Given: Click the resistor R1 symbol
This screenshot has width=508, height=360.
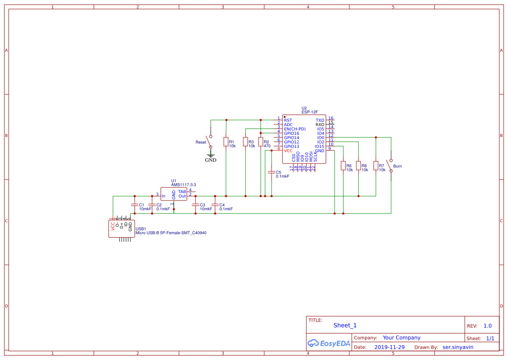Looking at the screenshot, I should pos(226,142).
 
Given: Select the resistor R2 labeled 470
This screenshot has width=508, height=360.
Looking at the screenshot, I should pos(261,142).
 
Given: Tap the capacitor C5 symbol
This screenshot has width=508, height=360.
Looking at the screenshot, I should pos(272,173).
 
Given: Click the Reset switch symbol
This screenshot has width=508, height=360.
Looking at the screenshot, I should pos(210,141).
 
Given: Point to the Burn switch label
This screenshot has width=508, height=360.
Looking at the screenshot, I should pos(397,167).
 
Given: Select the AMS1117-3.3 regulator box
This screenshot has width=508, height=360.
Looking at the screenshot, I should pos(174,194).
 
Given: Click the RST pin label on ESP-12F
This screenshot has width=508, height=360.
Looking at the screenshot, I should pos(288,120).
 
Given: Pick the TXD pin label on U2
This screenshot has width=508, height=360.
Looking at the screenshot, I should pos(320,120).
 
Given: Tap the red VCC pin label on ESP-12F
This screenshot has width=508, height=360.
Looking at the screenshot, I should pos(288,151).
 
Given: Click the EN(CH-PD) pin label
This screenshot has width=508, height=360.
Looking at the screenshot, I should pos(295,129).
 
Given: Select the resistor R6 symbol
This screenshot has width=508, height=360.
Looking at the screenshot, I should pos(343,166).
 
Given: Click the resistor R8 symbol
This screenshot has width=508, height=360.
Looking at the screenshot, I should pos(359,166).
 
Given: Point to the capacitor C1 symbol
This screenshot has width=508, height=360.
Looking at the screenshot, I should pos(135,205).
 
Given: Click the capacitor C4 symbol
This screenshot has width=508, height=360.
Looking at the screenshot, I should pos(215,205).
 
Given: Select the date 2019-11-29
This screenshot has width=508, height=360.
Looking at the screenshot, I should pos(389,347).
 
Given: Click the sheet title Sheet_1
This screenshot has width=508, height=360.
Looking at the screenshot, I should pos(345,325).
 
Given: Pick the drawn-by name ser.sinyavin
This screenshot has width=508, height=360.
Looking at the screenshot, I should pos(458,347).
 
